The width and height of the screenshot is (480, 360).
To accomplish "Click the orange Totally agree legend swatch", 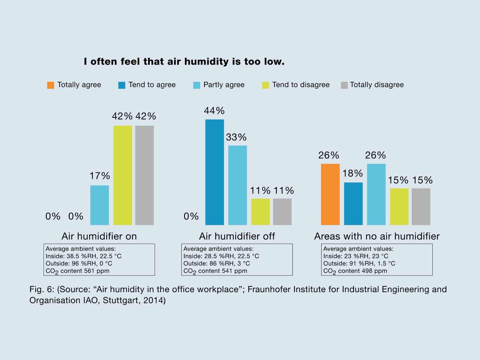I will (x=51, y=85).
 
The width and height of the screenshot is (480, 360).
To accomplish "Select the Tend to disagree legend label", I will (x=301, y=85).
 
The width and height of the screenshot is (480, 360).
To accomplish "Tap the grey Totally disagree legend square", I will (x=344, y=85).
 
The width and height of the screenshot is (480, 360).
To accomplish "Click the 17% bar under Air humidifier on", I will (x=100, y=205).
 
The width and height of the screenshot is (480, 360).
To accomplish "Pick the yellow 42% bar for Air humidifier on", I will (x=123, y=175).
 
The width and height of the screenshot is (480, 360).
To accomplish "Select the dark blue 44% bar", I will (x=214, y=172).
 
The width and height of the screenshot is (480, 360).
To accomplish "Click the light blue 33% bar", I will (x=237, y=185).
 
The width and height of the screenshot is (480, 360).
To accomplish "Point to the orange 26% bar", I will (x=330, y=194).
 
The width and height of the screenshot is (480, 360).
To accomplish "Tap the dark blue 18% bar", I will (x=353, y=204).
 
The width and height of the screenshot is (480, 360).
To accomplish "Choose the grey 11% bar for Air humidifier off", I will (x=282, y=212).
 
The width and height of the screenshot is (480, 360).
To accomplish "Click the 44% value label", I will (x=214, y=111).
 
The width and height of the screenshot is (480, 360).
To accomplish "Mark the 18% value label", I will (x=353, y=173).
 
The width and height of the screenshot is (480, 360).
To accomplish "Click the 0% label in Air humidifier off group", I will (x=191, y=216).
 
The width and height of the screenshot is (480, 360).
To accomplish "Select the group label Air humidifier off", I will (x=237, y=236).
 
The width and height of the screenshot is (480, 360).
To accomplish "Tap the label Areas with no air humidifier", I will (x=377, y=236).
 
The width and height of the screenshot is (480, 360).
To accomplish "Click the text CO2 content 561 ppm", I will (x=77, y=271).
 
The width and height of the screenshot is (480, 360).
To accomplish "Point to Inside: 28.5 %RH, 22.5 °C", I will (x=221, y=256).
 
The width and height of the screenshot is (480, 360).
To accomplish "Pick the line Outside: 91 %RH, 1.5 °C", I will (x=359, y=263).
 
